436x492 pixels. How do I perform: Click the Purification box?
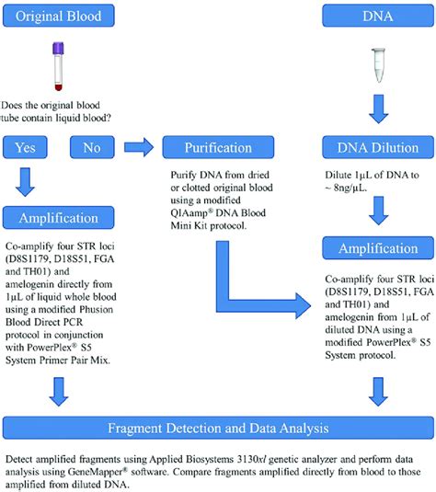tap(217, 146)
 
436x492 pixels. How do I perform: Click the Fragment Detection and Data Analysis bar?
tap(217, 428)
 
